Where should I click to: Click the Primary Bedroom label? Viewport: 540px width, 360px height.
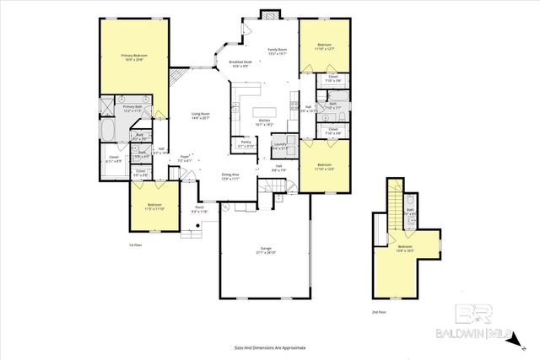click(x=133, y=56)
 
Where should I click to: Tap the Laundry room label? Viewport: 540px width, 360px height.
click(x=281, y=146)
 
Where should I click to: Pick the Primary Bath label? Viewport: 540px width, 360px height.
click(x=133, y=108)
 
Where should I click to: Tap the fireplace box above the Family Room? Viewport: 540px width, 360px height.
click(x=271, y=13)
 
